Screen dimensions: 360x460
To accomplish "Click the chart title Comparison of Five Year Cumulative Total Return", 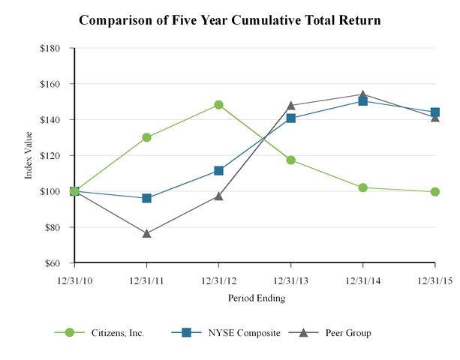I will [x=230, y=20].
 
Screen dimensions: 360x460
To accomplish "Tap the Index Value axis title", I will [x=29, y=155].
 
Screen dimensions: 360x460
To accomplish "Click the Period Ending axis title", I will [x=254, y=298].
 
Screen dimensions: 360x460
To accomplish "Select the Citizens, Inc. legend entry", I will [x=113, y=332].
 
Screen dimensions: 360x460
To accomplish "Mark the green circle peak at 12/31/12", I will [x=218, y=105].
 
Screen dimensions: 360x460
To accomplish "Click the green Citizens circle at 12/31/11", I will [x=146, y=137].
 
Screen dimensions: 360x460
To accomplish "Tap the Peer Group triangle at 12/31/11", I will [x=146, y=233].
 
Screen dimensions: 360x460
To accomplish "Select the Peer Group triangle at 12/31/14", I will [x=363, y=94].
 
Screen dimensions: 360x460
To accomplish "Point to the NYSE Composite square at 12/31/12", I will [x=218, y=170].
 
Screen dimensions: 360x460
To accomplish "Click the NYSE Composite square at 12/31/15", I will [x=435, y=112].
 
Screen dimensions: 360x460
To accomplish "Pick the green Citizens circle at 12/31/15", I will [x=435, y=192].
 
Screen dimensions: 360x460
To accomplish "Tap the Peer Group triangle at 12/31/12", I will [x=218, y=196].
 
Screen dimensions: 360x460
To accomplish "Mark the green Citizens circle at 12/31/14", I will [x=363, y=187].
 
